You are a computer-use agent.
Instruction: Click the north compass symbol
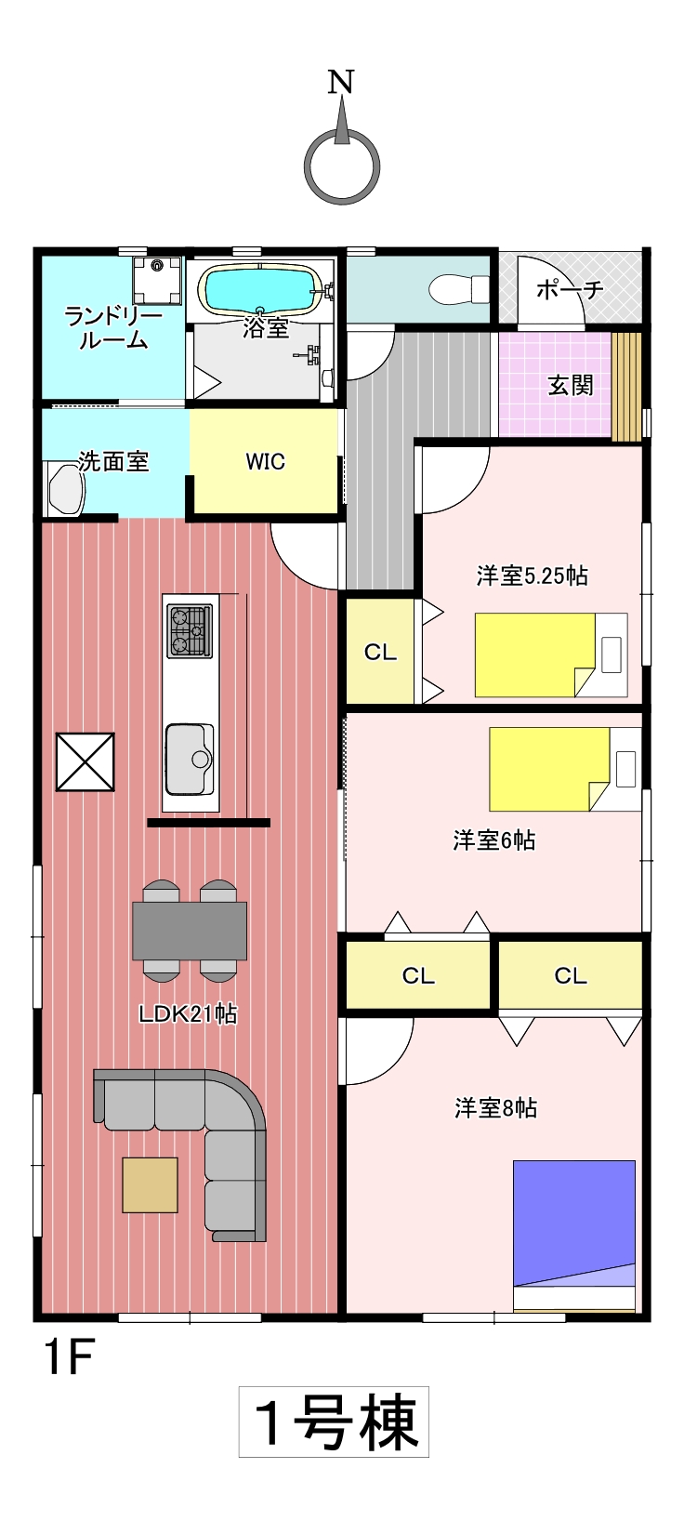click(341, 166)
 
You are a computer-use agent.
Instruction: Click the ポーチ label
click(570, 290)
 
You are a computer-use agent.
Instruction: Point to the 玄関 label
click(571, 386)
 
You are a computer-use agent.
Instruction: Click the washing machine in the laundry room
click(158, 280)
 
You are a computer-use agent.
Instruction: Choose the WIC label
click(265, 462)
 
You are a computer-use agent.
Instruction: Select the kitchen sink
click(190, 760)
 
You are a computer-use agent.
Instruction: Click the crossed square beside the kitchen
click(85, 761)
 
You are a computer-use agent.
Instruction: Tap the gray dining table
click(190, 931)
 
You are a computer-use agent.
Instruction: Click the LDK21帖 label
click(188, 1014)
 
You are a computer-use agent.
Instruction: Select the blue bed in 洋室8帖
click(574, 1236)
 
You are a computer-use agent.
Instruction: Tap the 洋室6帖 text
click(494, 840)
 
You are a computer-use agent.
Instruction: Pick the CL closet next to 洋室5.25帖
click(380, 652)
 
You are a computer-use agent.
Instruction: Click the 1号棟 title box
click(334, 1422)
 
